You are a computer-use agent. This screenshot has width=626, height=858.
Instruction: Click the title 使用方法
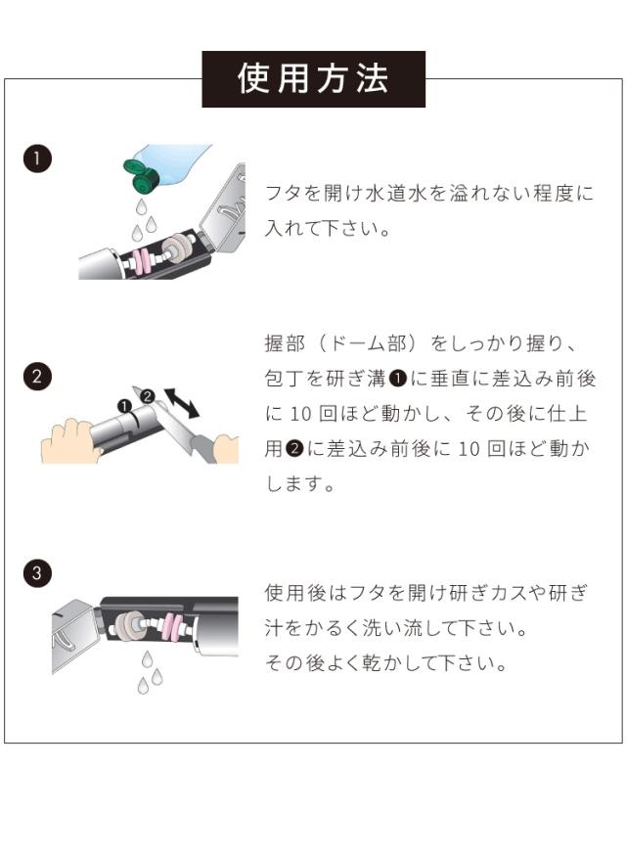(314, 79)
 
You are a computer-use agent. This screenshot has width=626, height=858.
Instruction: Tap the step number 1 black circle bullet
(37, 159)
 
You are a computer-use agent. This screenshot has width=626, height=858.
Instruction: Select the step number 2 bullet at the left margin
(37, 377)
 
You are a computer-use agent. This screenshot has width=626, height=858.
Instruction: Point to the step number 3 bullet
(37, 573)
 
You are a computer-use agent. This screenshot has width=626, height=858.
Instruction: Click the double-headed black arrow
(182, 403)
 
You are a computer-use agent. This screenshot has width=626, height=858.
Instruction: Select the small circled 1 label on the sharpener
(125, 406)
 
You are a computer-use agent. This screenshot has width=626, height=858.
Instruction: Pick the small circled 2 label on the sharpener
(148, 396)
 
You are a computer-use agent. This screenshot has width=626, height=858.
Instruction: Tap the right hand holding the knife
(225, 449)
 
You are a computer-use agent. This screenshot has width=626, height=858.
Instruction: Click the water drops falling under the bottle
(142, 220)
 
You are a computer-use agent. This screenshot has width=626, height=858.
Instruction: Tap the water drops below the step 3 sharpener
(150, 672)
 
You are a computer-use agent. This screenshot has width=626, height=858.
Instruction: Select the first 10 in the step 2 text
(300, 414)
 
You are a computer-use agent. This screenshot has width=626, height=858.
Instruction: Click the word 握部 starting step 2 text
(285, 343)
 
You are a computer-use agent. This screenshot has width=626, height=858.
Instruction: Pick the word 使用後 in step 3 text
(295, 593)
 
